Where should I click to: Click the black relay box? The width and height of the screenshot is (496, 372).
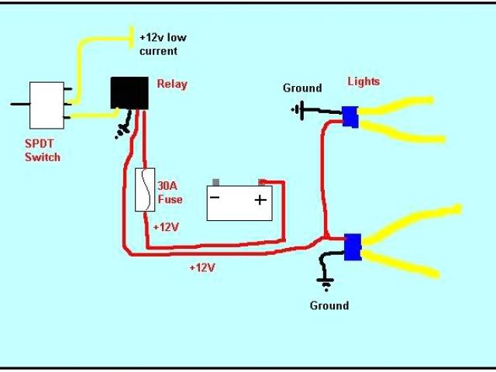tap(129, 94)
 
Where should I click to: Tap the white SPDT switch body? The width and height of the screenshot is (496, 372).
tap(46, 105)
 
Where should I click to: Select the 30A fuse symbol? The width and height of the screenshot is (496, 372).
tap(143, 190)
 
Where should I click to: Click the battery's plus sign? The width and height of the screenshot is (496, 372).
tap(260, 200)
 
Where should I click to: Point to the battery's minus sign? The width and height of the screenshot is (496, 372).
tap(215, 198)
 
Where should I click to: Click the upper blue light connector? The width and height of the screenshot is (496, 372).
tap(350, 116)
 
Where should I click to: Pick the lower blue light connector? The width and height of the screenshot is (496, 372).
tap(353, 246)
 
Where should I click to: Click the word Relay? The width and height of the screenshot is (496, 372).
tap(172, 84)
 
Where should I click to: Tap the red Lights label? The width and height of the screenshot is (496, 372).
tap(363, 81)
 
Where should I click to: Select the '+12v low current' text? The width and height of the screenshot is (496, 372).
tap(163, 44)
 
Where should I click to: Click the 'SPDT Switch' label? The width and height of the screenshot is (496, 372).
tap(42, 151)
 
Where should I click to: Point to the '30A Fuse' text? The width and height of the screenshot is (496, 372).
tap(170, 193)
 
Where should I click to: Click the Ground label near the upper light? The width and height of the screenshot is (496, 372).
tap(301, 88)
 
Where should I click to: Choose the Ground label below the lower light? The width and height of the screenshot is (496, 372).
tap(329, 305)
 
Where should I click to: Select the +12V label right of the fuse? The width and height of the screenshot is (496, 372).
tap(167, 227)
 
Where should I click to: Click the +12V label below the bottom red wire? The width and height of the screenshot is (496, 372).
tap(203, 267)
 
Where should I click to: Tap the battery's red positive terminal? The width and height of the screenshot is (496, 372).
tap(263, 184)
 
